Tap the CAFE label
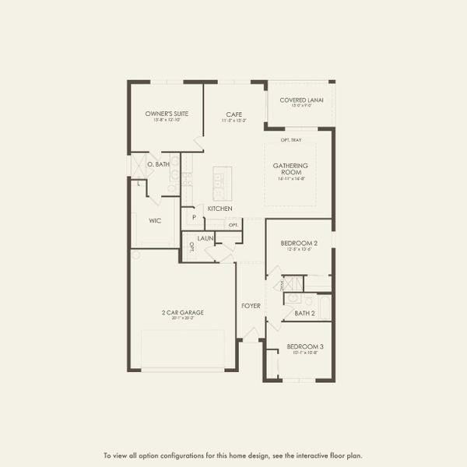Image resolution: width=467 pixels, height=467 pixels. pos(233,114)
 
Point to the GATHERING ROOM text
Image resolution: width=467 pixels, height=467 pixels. pos(290,169)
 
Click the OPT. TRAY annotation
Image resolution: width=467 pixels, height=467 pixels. pos(291,140)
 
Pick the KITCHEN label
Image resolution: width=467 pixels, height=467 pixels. pos(219,209)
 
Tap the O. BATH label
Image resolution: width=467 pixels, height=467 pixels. pos(158,164)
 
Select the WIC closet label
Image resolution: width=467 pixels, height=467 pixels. pos(155,220)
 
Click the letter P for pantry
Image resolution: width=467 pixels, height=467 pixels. pos(193,219)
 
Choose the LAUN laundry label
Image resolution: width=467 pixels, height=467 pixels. pos(205,238)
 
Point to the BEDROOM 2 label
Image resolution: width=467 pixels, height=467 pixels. pos(300,244)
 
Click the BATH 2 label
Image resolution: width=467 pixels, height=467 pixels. pos(304,313)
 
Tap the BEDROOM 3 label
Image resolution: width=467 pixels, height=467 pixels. pos(305,346)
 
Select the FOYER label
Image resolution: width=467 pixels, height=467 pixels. pos(251,306)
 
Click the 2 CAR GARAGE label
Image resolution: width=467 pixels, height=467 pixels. pos(183,313)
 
